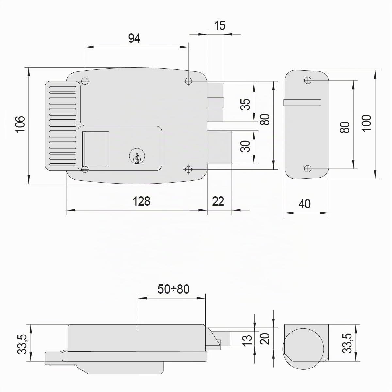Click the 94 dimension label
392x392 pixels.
tap(134, 38)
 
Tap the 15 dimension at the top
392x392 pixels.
tap(220, 25)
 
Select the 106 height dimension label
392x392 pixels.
tap(20, 124)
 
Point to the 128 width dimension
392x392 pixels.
tap(141, 201)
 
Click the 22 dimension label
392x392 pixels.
tap(218, 201)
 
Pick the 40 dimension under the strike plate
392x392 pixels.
tap(304, 204)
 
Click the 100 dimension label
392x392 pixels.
tap(367, 123)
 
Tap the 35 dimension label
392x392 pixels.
tap(245, 104)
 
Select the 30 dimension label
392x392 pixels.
tap(245, 146)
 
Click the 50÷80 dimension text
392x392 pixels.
tap(173, 289)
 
